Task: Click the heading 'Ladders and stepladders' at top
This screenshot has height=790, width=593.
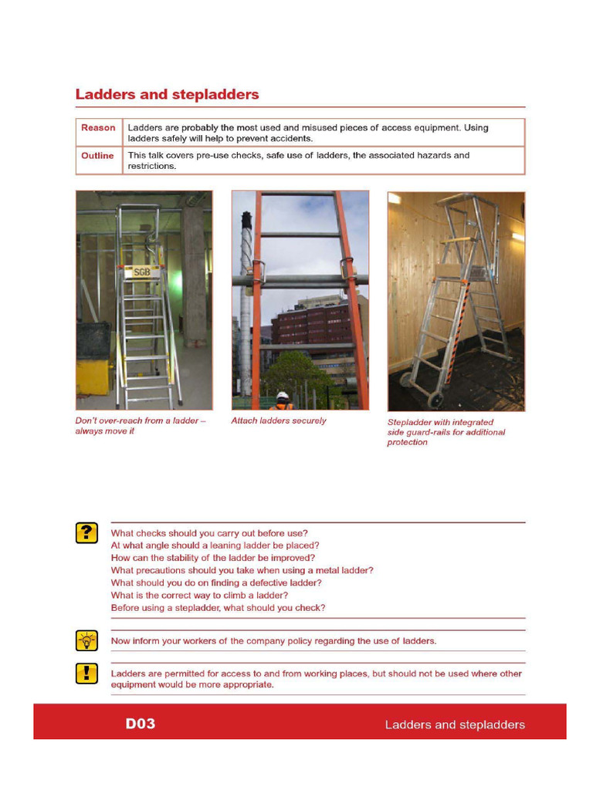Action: click(167, 95)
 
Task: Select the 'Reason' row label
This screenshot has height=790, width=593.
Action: click(98, 128)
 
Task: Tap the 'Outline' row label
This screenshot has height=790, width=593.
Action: click(97, 156)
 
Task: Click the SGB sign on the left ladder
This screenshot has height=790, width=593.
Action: click(142, 272)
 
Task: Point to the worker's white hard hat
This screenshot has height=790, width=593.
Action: click(283, 395)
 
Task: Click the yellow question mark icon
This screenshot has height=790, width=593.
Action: click(86, 533)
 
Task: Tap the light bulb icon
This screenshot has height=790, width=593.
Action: click(86, 640)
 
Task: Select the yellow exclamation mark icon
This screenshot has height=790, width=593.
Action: click(86, 674)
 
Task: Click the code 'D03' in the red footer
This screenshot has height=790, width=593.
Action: click(141, 724)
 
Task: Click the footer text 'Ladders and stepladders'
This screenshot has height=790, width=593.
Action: click(455, 725)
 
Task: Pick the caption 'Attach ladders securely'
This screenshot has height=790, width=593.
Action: click(279, 421)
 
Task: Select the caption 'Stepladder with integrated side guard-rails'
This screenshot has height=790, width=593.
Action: click(446, 432)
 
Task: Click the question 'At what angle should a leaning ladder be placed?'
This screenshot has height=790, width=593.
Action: click(215, 545)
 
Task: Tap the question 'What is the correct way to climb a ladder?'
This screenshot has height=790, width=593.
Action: click(199, 596)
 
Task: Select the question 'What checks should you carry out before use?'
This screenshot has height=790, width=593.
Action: click(209, 533)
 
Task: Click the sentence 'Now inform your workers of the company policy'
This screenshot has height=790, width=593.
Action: click(273, 641)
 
